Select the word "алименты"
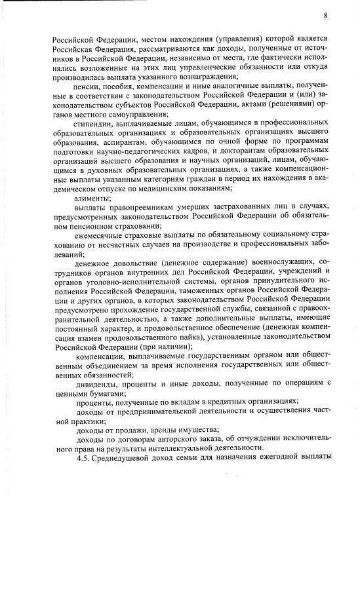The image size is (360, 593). [x=92, y=197]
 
